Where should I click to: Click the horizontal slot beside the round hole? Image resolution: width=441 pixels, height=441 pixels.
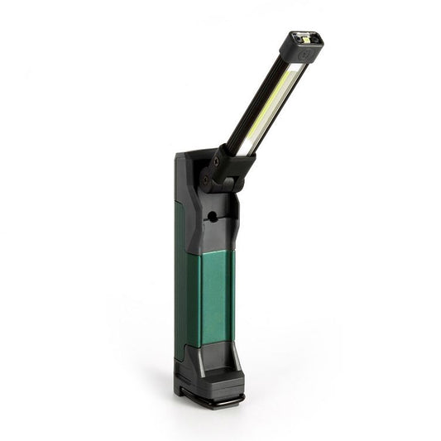pos(223,218)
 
